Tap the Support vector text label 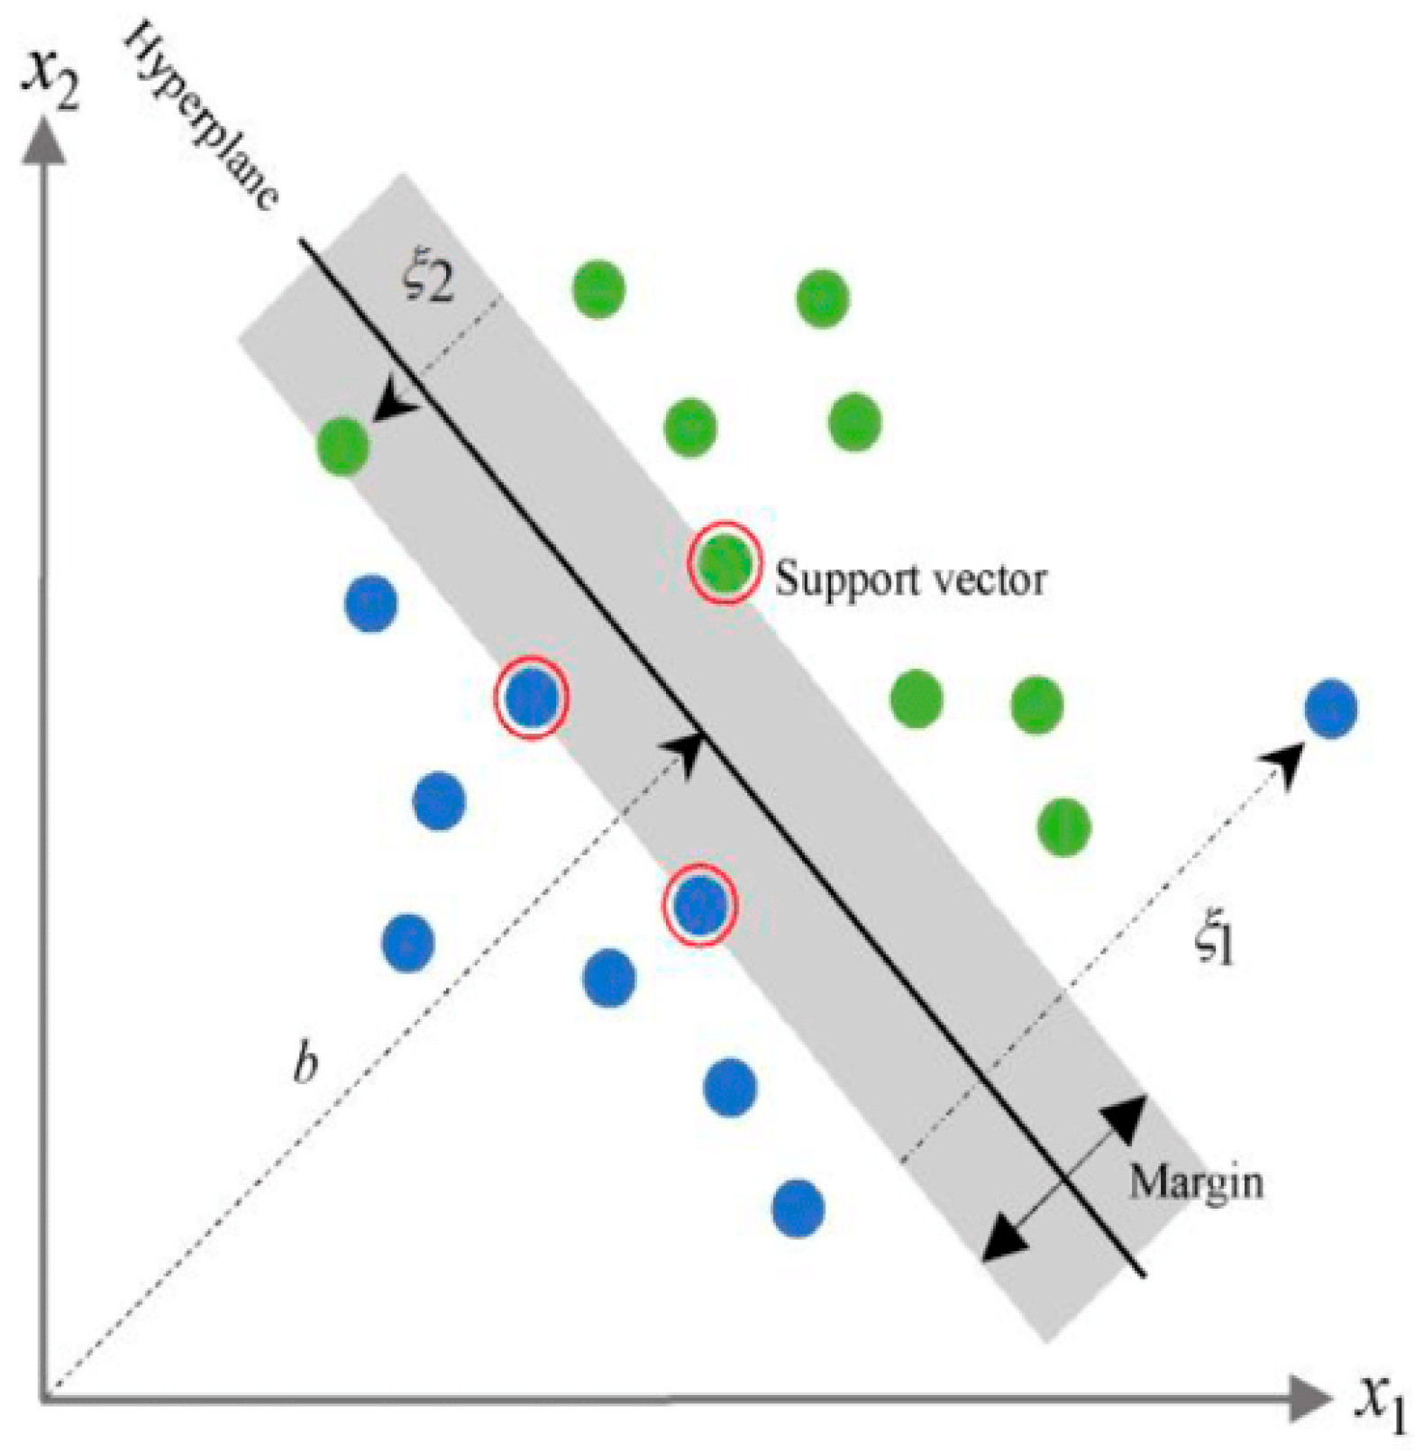click(910, 579)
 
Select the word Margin click(1196, 1183)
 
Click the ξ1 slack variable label click(1214, 944)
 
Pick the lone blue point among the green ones click(1331, 709)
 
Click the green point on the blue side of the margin click(343, 444)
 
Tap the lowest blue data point click(798, 1208)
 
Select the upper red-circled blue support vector click(532, 697)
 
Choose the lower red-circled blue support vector click(700, 904)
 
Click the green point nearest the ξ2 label click(598, 288)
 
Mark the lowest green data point click(1064, 826)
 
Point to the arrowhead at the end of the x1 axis click(1311, 1399)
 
